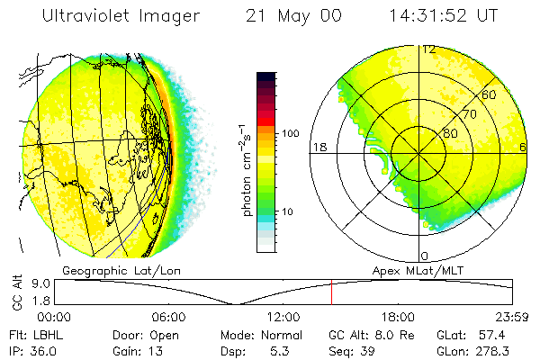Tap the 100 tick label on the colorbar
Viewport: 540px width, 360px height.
290,133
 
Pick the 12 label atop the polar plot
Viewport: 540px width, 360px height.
429,49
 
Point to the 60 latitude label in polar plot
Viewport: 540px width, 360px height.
489,94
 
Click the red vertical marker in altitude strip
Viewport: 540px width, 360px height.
331,292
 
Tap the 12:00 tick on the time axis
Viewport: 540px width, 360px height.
283,317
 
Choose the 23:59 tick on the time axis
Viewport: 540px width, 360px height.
512,317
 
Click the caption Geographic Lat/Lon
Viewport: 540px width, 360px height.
105,270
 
